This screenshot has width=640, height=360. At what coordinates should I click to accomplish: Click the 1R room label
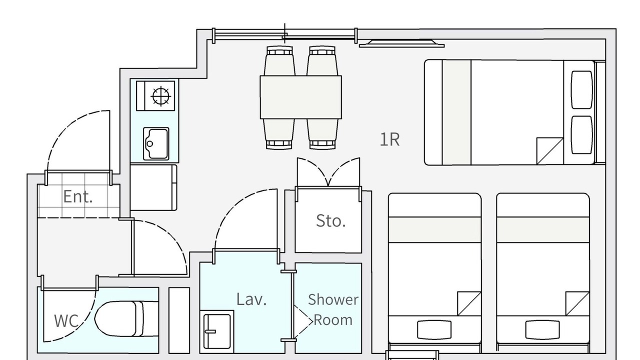[389, 139]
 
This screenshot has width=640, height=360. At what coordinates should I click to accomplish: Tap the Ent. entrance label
[77, 196]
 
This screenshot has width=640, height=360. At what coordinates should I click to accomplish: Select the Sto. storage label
[331, 220]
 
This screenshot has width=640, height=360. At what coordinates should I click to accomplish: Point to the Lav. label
[251, 299]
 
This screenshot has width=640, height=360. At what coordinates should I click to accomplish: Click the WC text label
[66, 320]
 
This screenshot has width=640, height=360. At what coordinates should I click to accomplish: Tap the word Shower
[333, 299]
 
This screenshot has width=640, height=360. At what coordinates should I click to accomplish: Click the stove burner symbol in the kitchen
[161, 96]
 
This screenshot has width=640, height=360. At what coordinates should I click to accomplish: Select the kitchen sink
[156, 143]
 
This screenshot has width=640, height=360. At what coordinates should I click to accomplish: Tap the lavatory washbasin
[217, 331]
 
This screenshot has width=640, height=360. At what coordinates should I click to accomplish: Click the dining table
[301, 97]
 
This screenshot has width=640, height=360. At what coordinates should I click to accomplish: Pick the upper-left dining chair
[279, 60]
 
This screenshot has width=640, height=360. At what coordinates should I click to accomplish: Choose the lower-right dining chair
[322, 133]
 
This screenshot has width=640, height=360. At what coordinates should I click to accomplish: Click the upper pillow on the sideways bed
[581, 89]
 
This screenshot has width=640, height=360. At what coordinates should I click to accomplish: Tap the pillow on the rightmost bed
[542, 329]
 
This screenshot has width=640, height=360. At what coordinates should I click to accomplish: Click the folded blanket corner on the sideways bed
[550, 151]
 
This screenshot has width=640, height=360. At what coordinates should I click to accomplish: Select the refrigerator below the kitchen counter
[153, 187]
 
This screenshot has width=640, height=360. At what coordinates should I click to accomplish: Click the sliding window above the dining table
[285, 35]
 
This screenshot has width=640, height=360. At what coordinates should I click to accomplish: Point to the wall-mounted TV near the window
[401, 43]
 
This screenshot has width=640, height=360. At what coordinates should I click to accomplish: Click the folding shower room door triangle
[303, 322]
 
